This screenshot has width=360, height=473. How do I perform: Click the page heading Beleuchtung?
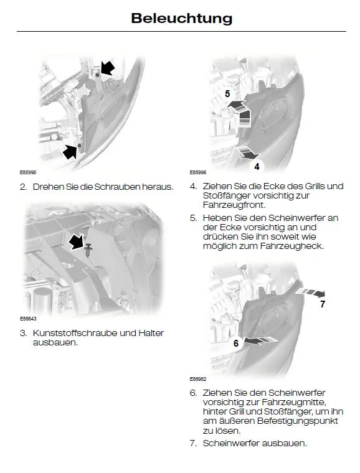(182, 19)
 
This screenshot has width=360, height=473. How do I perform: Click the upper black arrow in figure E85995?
(107, 68)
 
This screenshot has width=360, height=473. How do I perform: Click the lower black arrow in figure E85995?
(70, 151)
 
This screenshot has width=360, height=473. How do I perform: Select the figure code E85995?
(28, 172)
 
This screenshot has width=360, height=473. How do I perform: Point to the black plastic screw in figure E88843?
(88, 250)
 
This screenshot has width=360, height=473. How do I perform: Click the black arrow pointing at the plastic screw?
(77, 242)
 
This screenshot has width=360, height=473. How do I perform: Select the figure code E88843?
(28, 318)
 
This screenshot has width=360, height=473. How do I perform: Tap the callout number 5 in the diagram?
(227, 94)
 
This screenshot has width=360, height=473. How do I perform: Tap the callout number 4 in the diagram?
(257, 167)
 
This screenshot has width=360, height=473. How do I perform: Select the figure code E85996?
(198, 172)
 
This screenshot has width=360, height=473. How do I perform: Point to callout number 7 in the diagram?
(323, 304)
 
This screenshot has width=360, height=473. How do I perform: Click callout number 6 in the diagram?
(236, 343)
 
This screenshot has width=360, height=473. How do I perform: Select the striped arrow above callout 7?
(311, 292)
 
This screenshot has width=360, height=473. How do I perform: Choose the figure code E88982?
(198, 378)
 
